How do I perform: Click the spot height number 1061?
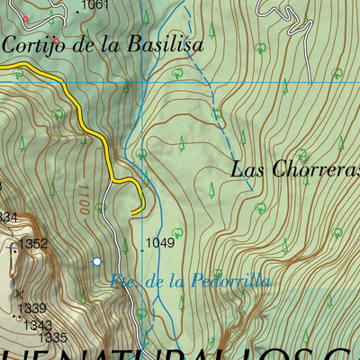[x=94, y=5]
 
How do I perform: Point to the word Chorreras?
[x=311, y=169]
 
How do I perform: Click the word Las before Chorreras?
[x=247, y=168]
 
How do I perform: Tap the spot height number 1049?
[x=159, y=242]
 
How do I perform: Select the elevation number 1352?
[x=33, y=244]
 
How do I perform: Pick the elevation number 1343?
[x=37, y=325]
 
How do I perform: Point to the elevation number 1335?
[x=53, y=337]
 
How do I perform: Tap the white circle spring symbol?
[x=97, y=262]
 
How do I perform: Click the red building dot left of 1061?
[x=25, y=19]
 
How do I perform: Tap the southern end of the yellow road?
[x=133, y=212]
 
